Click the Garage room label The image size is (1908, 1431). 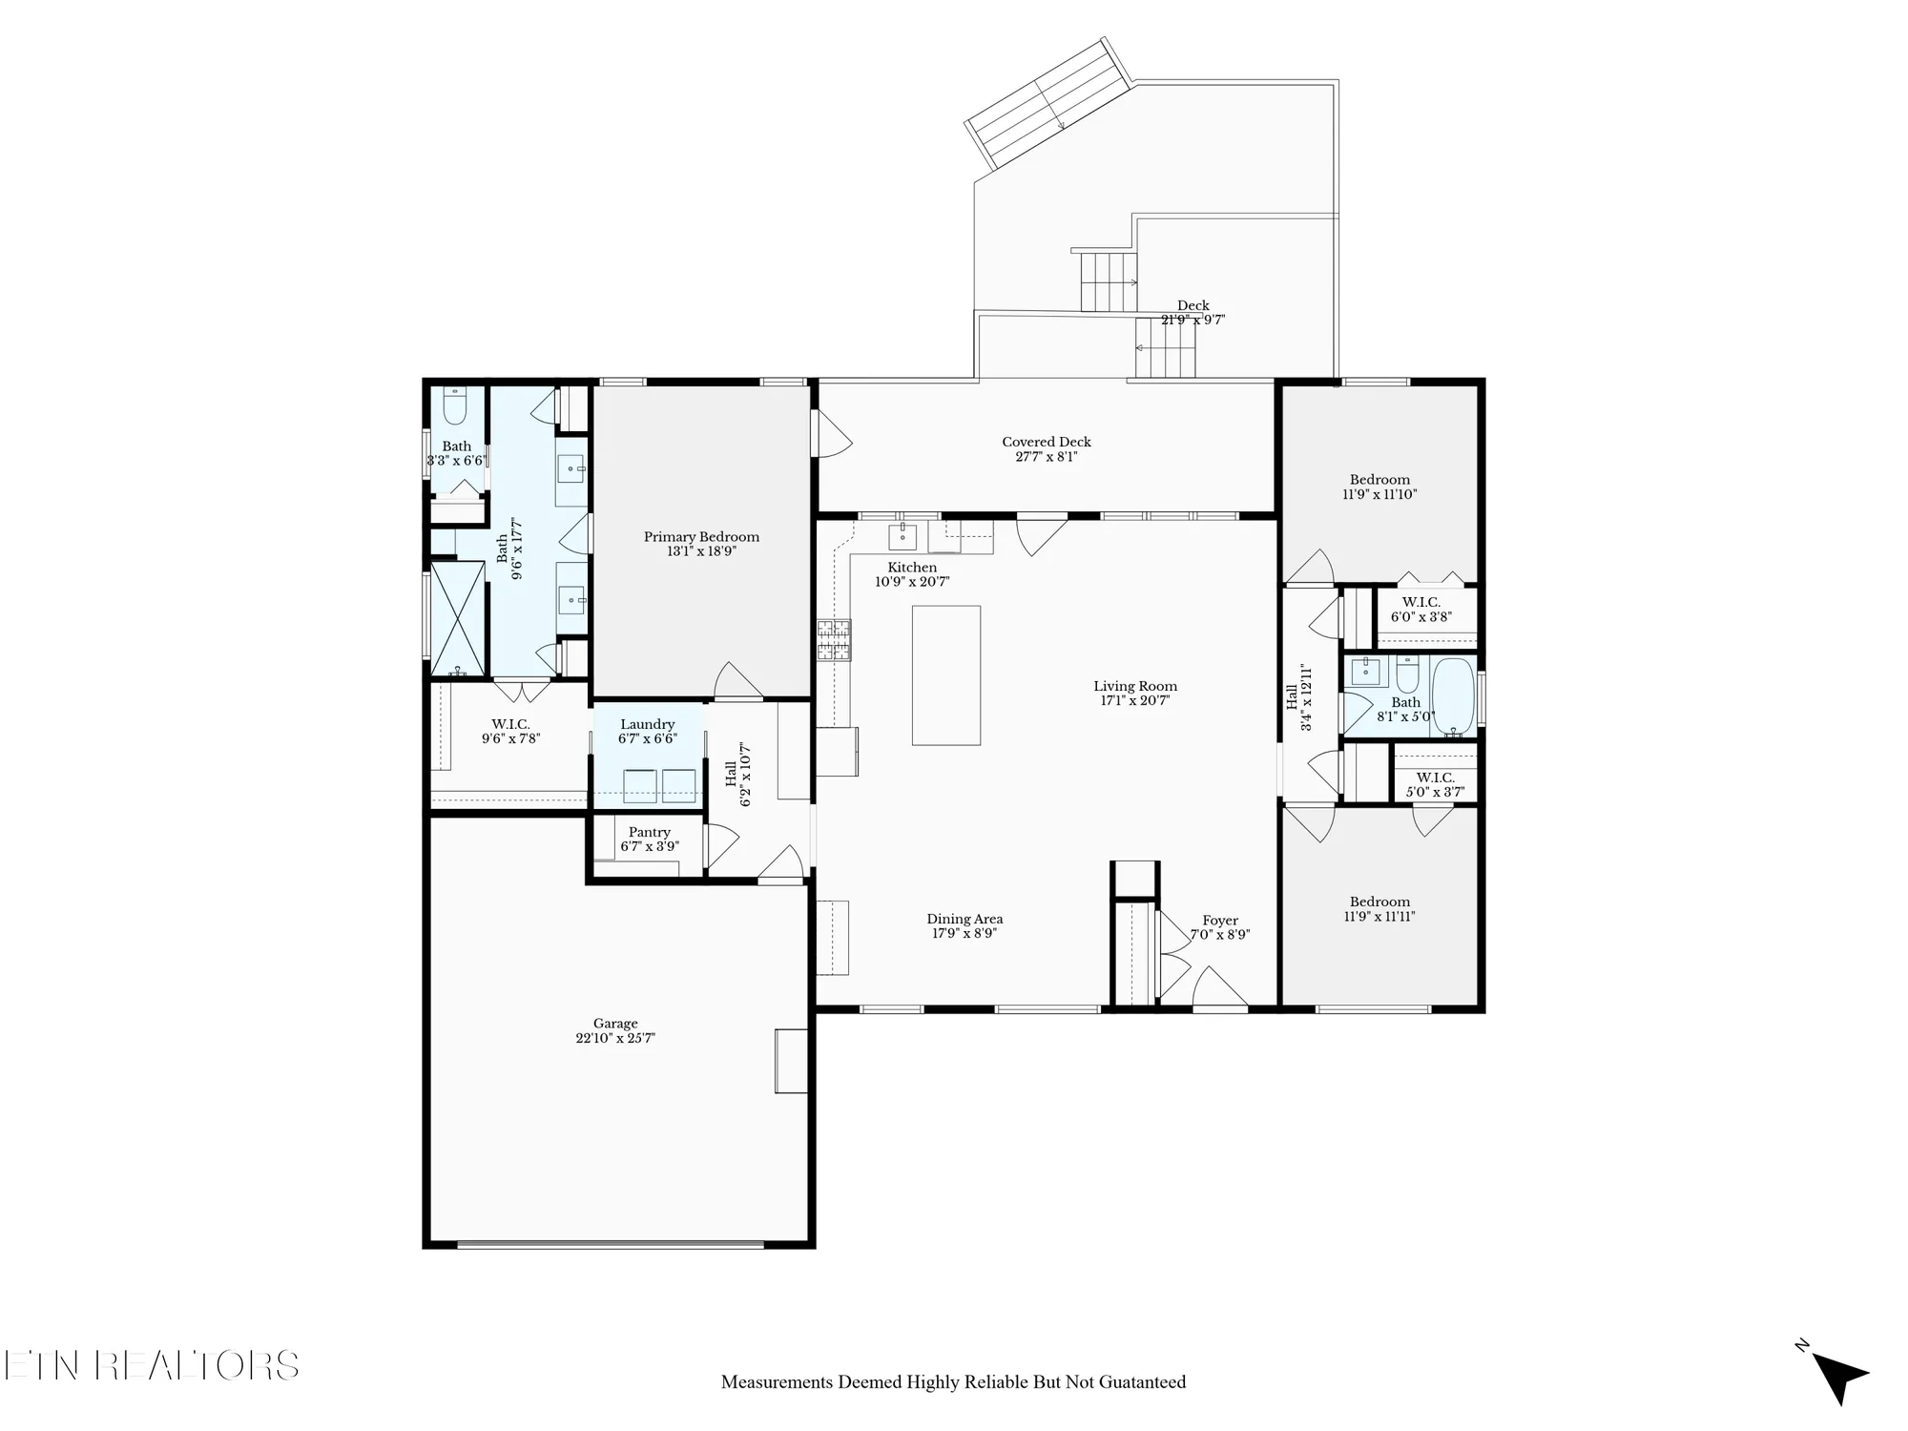(614, 1024)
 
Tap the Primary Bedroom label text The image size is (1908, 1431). (701, 537)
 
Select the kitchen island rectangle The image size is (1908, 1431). (945, 674)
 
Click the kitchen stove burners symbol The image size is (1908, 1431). (834, 640)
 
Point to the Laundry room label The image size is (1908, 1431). (647, 725)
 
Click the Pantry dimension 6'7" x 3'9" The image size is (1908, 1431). (650, 846)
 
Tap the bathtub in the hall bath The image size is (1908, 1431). (1453, 695)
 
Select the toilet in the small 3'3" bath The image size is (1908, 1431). (455, 407)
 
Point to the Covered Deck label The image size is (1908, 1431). (1047, 442)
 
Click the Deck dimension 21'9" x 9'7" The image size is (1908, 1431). (1192, 321)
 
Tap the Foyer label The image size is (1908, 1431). (1220, 921)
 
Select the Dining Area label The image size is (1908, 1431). (964, 919)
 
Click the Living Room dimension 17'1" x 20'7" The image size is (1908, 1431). (1135, 700)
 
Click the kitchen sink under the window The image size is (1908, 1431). (902, 537)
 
